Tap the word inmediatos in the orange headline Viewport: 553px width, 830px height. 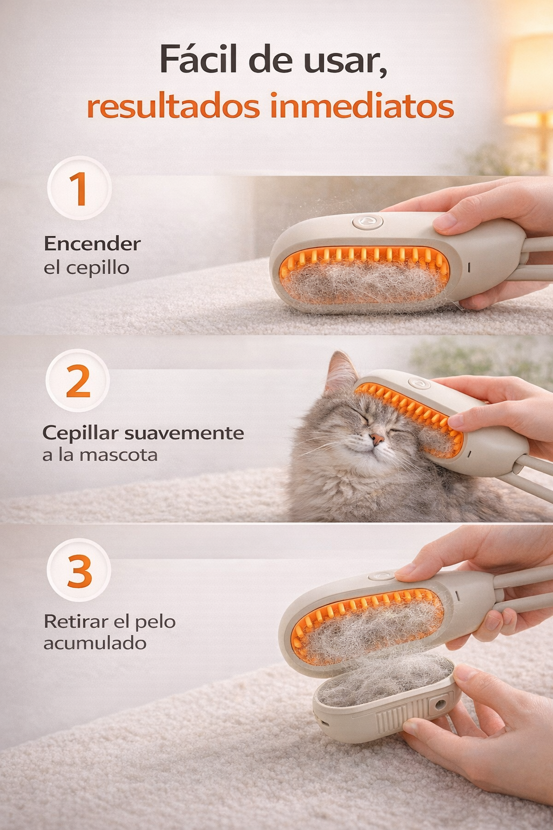pos(362,106)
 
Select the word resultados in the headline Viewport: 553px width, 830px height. pos(173,106)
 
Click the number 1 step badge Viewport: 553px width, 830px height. pos(79,188)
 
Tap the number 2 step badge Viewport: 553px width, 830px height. pos(78,381)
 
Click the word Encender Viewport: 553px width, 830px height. pos(92,244)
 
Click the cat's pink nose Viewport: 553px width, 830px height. pos(377,439)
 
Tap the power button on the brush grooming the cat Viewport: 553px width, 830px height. pos(419,383)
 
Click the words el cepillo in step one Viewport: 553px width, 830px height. pos(86,267)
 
